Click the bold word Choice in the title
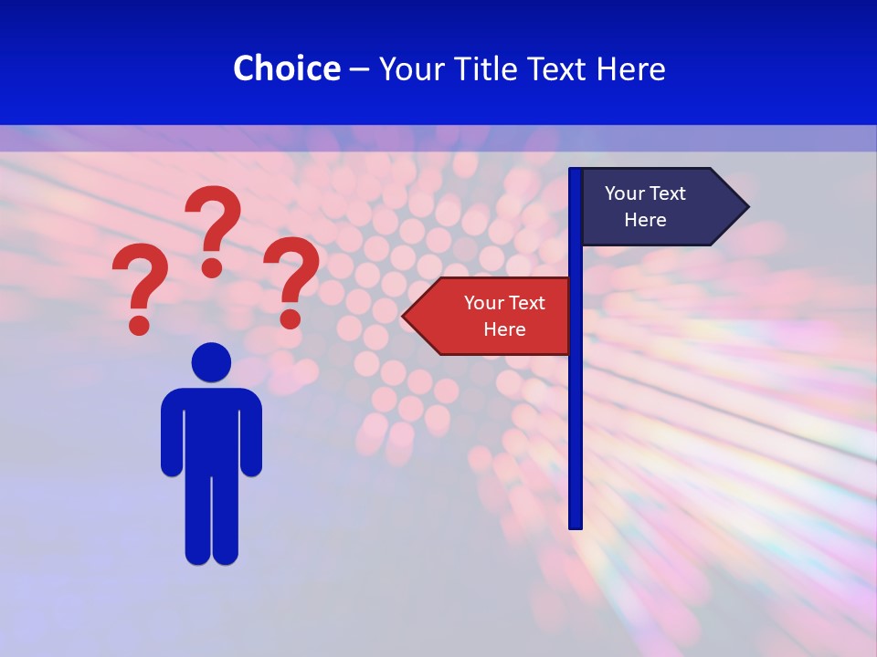(x=286, y=68)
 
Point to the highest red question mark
(x=214, y=224)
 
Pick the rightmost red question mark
(x=291, y=274)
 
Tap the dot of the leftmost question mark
(x=139, y=324)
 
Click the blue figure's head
(x=211, y=361)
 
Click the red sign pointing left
(x=493, y=316)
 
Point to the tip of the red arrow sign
(x=405, y=316)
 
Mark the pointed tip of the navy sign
(x=746, y=206)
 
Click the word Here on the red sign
(x=504, y=329)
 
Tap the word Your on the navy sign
(x=625, y=193)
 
